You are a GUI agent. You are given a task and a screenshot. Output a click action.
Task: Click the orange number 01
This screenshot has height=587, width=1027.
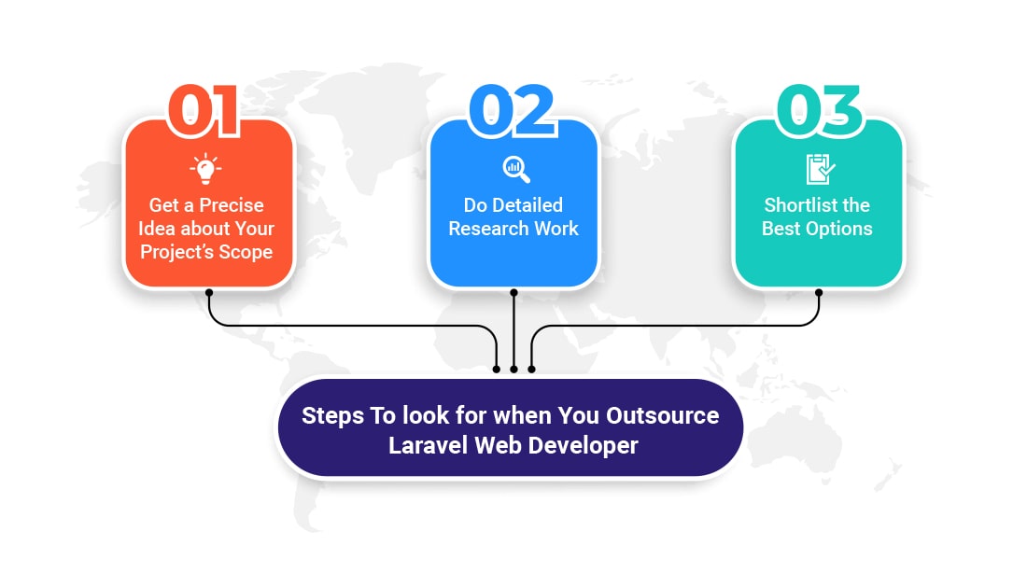tap(204, 111)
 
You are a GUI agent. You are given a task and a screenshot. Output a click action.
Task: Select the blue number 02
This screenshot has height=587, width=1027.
tap(513, 111)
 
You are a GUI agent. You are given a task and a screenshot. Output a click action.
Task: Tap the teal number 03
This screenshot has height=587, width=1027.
tap(820, 111)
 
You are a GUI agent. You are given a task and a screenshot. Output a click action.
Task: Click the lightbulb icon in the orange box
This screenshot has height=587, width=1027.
tap(205, 169)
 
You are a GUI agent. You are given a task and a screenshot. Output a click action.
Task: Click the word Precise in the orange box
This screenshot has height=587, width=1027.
tap(231, 205)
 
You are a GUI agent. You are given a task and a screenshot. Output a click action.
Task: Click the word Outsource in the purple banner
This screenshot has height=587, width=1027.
tap(662, 415)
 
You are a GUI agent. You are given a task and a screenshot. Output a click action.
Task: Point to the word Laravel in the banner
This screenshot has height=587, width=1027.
tap(429, 446)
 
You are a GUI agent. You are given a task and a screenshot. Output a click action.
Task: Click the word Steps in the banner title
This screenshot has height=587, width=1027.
tap(332, 416)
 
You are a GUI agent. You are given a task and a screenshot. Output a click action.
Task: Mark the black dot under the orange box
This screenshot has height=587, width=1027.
tap(209, 293)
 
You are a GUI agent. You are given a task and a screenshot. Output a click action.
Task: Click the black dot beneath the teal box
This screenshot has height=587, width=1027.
tap(819, 293)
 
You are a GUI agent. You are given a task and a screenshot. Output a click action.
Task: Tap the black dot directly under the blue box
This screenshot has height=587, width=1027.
tap(513, 293)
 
